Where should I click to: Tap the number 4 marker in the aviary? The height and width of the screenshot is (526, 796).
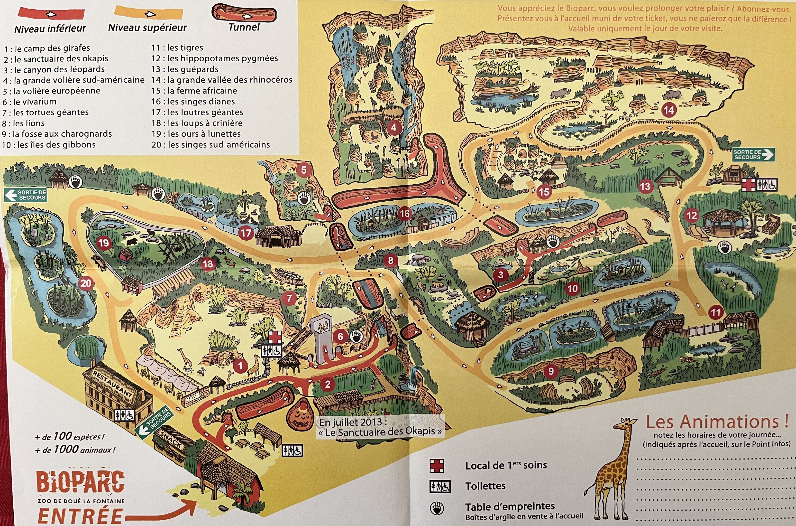(393, 127)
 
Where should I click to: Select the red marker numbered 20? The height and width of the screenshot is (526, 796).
(86, 283)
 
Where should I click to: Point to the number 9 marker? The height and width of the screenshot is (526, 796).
(551, 371)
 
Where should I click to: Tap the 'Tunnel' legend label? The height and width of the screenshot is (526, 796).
(244, 27)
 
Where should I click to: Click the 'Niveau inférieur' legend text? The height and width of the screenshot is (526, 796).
(50, 28)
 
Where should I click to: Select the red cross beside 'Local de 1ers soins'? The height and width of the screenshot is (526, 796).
(437, 466)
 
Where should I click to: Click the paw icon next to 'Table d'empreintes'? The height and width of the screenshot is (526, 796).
(437, 508)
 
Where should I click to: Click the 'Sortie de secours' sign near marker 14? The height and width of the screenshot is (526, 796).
(753, 155)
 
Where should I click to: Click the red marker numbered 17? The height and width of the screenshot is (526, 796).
(246, 233)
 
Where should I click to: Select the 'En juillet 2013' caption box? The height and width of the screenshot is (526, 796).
(380, 426)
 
